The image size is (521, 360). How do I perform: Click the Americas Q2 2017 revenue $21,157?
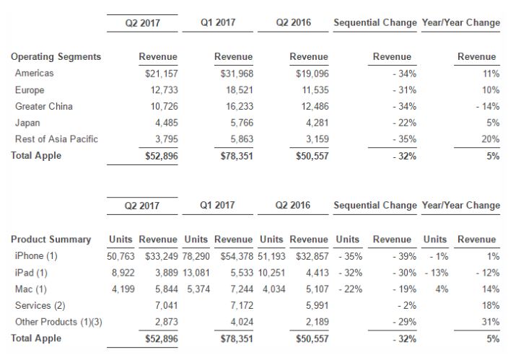click(x=162, y=74)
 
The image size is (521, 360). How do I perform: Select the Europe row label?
click(x=30, y=90)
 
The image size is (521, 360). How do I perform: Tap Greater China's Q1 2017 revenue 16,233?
click(x=240, y=106)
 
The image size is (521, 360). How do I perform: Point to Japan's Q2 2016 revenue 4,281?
click(x=318, y=123)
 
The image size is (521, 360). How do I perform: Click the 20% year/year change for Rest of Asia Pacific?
click(x=491, y=139)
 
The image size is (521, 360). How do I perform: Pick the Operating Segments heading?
click(x=56, y=57)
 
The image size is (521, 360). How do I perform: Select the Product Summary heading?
click(x=51, y=240)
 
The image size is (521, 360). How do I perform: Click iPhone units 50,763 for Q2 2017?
click(x=121, y=256)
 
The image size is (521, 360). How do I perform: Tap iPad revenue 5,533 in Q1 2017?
click(x=242, y=273)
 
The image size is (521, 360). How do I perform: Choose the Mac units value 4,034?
click(x=274, y=289)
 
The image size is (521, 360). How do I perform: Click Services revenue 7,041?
click(x=167, y=306)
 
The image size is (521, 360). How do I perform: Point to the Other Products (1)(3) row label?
click(x=58, y=322)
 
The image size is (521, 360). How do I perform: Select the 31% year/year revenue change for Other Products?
click(x=491, y=322)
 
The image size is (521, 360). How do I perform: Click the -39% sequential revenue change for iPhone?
click(x=404, y=256)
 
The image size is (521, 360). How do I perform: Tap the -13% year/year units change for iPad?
click(x=437, y=273)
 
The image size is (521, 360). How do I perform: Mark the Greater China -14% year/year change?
click(x=487, y=106)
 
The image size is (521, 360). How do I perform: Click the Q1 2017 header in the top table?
click(x=218, y=22)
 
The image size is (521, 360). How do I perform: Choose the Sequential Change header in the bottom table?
click(x=375, y=205)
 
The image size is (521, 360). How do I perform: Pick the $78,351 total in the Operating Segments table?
click(x=237, y=156)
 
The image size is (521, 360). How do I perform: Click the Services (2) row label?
click(x=40, y=306)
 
